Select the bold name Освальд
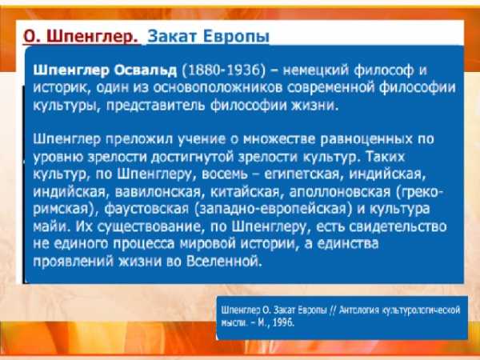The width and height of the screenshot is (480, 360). point(146,70)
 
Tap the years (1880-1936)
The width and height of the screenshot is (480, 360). point(223,70)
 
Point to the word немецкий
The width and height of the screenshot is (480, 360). point(316,70)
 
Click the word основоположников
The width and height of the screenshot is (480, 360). point(218,88)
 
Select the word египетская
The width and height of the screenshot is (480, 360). point(302,174)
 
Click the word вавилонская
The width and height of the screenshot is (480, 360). point(158,192)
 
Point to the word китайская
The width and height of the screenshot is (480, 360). point(246,192)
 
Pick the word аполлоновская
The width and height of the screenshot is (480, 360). point(340,192)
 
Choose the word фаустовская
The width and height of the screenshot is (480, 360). point(146,210)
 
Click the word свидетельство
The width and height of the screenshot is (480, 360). point(398,227)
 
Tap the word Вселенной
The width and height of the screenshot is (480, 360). point(224,262)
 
